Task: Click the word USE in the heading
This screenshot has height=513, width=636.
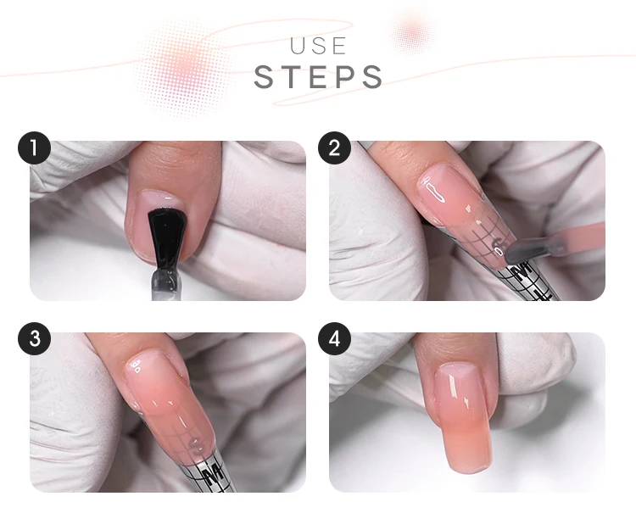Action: point(318,45)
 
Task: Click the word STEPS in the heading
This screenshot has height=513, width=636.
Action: point(318,76)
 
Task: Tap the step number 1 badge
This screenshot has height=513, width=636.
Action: point(34,149)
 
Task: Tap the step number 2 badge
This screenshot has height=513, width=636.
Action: point(334,149)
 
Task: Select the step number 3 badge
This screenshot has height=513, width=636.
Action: point(34,340)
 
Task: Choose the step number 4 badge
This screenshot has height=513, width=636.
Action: point(334,340)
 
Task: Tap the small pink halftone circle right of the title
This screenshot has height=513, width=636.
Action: point(413,32)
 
